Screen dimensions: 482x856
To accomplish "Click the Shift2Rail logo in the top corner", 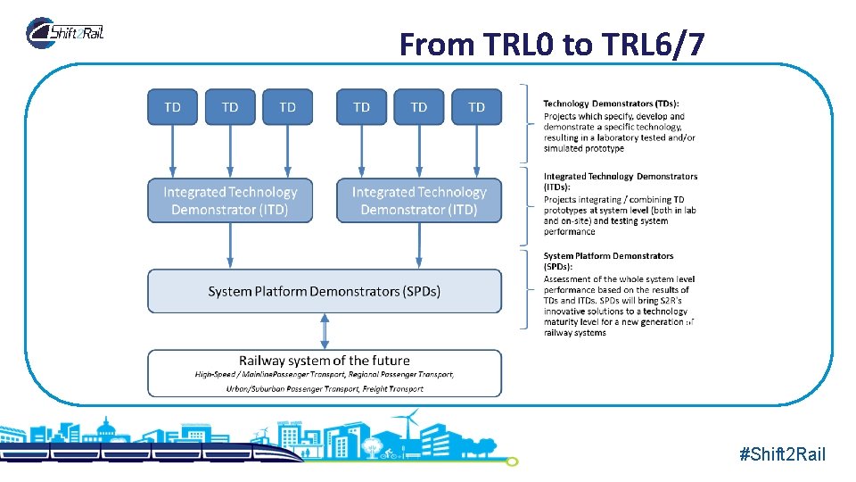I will (x=66, y=33).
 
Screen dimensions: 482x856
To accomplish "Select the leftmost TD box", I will (x=173, y=107).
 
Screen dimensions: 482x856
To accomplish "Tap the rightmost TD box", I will (x=476, y=107).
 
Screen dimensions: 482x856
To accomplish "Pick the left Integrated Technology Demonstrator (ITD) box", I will (x=230, y=201).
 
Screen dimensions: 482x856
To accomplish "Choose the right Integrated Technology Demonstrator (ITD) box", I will (x=419, y=201).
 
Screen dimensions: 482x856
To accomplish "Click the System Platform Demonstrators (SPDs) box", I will (x=324, y=292).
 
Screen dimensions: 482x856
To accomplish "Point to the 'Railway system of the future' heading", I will (x=324, y=361).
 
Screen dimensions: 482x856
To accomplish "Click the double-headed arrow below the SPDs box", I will (x=325, y=331).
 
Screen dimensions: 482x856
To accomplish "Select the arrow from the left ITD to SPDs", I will (x=230, y=245).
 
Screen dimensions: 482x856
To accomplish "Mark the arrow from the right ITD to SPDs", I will (x=419, y=245).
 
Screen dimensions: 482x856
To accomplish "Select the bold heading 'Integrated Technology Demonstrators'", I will (x=621, y=177).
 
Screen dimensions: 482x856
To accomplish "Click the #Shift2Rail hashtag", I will (x=782, y=455).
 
